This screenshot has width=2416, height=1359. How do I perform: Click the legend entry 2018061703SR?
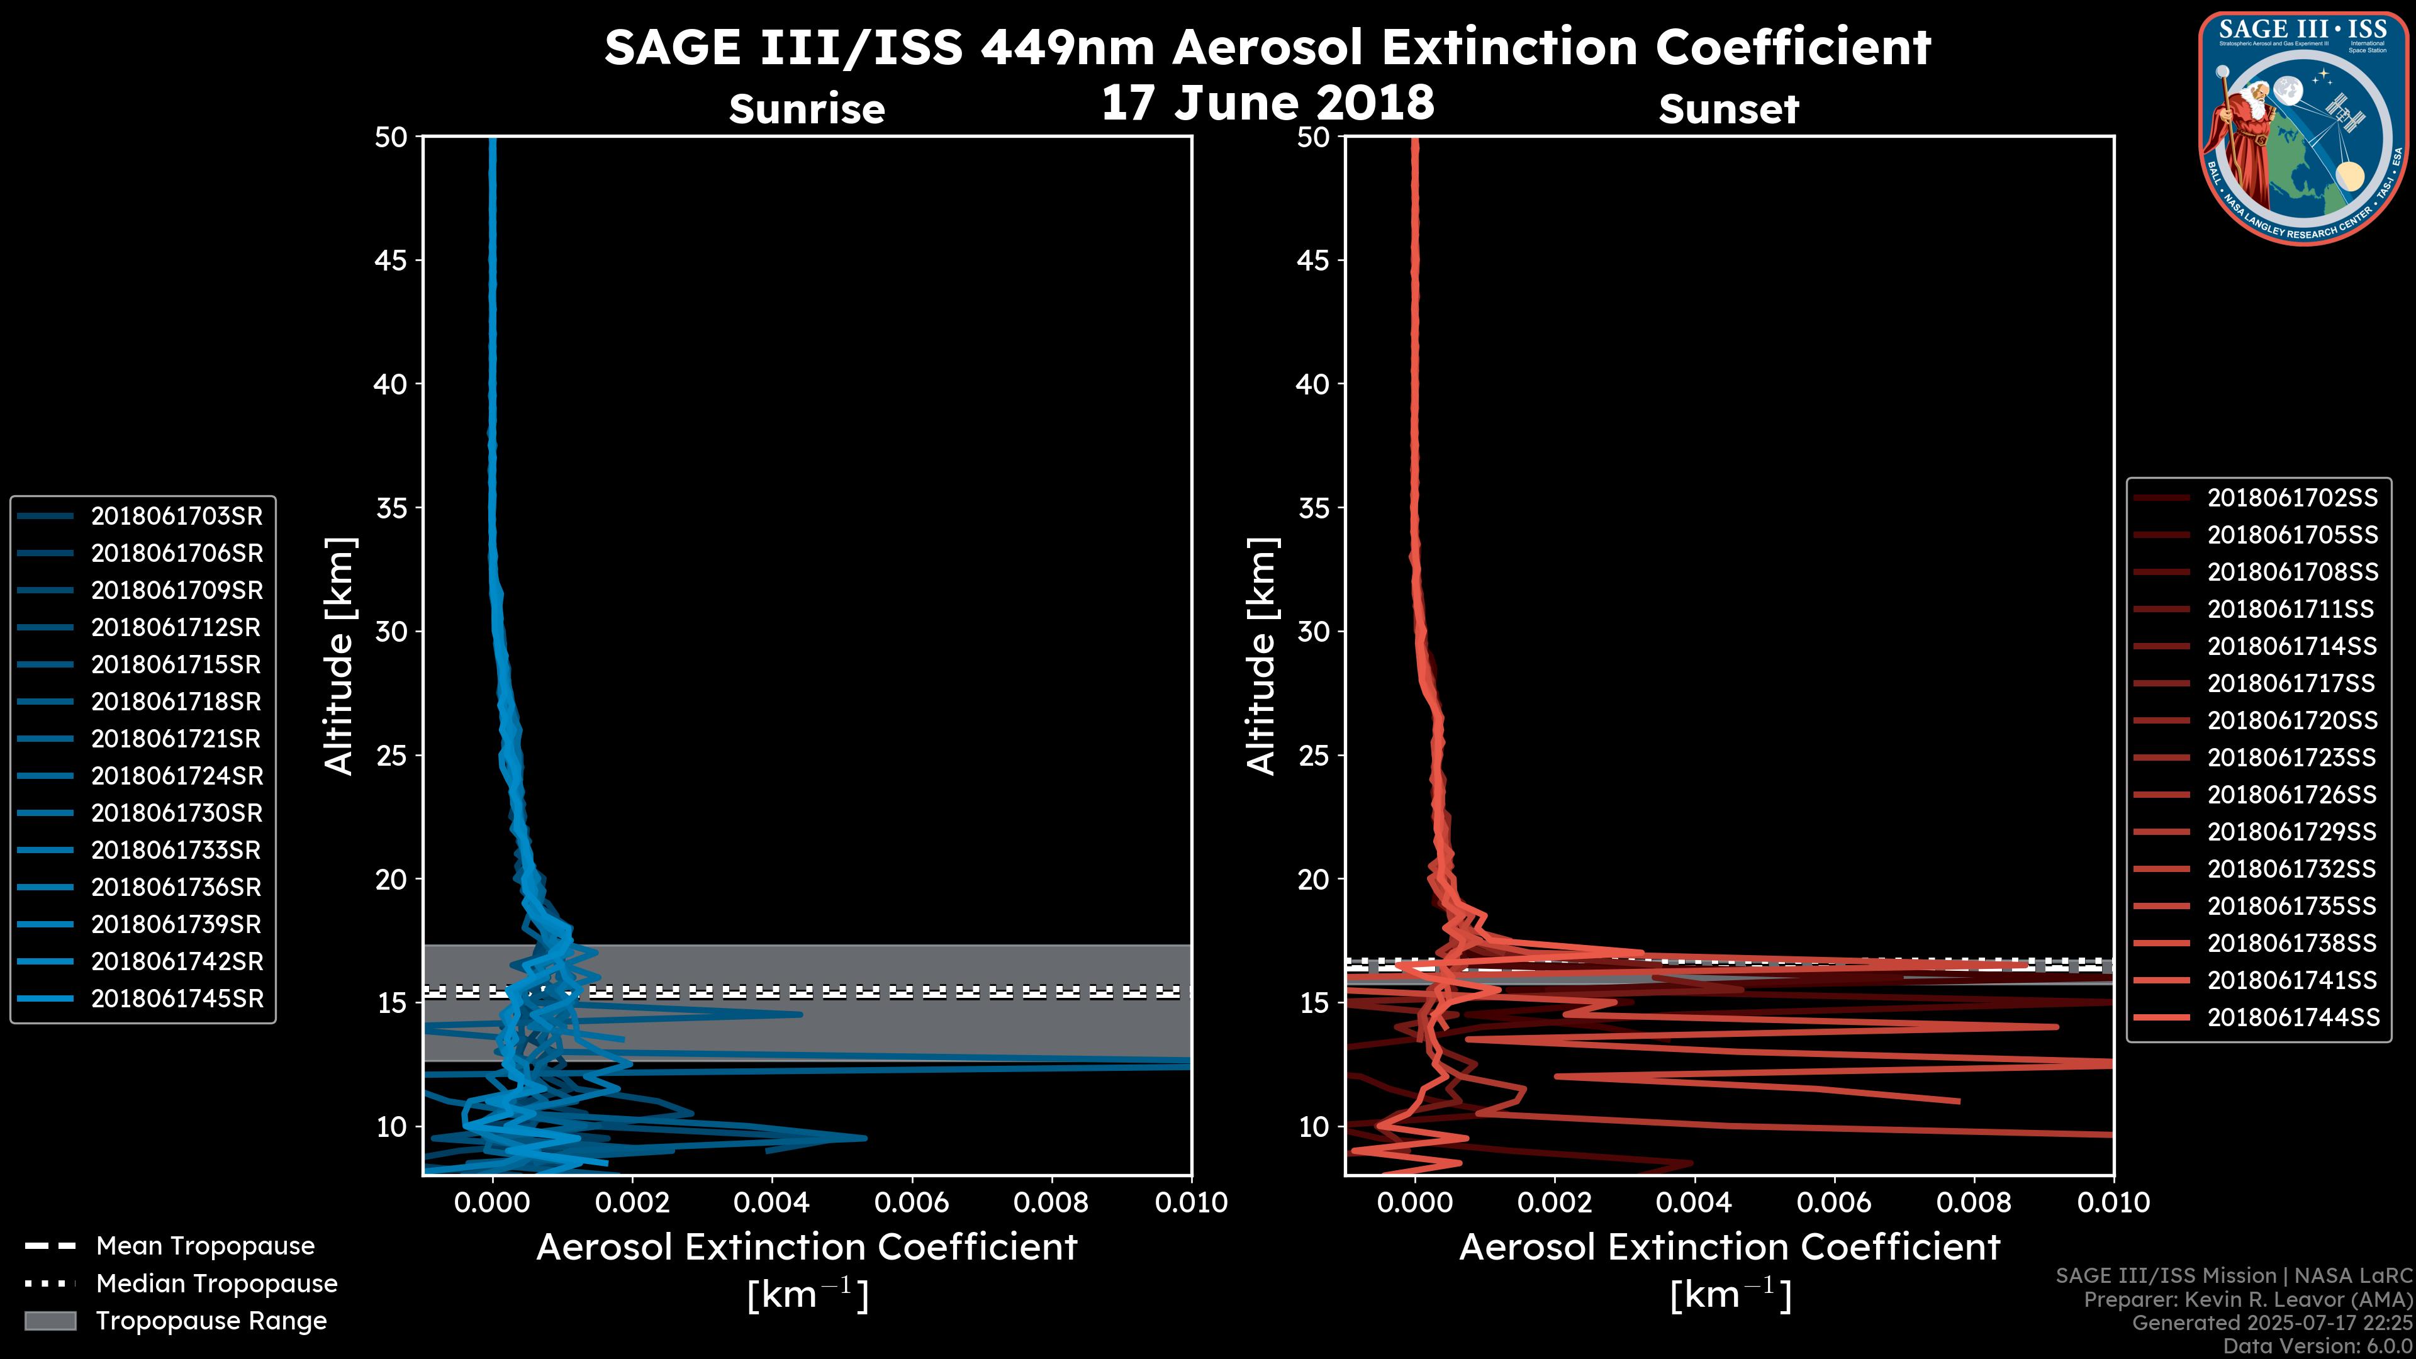(176, 516)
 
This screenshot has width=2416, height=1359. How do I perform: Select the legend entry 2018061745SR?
(176, 999)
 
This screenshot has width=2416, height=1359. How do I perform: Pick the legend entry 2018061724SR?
(176, 776)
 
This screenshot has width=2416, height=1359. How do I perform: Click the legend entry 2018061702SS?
(2292, 498)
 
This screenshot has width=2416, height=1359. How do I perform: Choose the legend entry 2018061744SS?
(2292, 1017)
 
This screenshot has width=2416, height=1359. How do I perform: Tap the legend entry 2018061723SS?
(2292, 758)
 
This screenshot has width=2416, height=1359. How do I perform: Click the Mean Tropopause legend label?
(205, 1246)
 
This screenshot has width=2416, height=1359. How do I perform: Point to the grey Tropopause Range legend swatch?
(50, 1321)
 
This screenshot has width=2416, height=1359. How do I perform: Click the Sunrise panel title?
(807, 109)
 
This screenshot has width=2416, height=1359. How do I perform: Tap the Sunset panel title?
(1728, 109)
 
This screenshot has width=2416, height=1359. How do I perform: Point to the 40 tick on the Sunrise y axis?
(391, 384)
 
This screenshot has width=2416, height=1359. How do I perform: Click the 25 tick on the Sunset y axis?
(1314, 755)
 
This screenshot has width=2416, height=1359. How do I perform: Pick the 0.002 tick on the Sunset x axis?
(1554, 1202)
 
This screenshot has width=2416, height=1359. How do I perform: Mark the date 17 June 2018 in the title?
(1267, 102)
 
